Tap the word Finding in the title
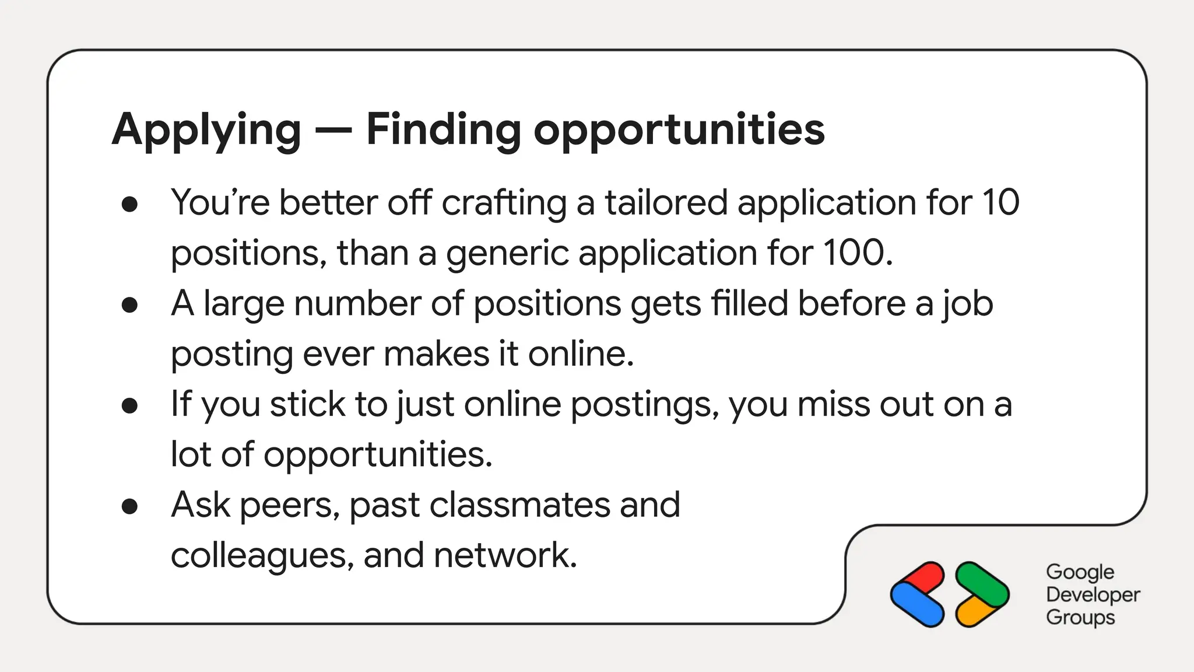pyautogui.click(x=443, y=129)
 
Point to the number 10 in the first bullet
pyautogui.click(x=1000, y=202)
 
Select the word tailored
pyautogui.click(x=666, y=202)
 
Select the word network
pyautogui.click(x=505, y=555)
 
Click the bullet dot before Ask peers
pyautogui.click(x=129, y=506)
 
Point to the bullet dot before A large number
pyautogui.click(x=129, y=304)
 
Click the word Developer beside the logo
pyautogui.click(x=1093, y=594)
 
